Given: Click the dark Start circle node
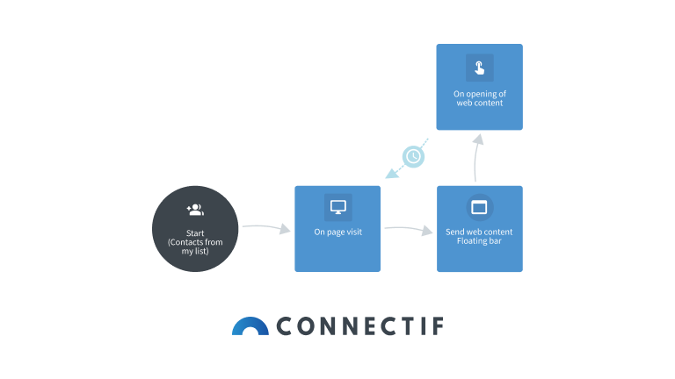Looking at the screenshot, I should tap(195, 229).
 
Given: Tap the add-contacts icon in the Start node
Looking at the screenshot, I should tap(195, 210).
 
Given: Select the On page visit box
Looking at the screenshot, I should tap(337, 229).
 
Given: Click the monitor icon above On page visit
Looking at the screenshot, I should tap(337, 208).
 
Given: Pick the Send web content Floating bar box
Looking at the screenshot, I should tap(480, 229).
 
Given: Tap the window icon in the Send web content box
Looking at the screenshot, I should tap(479, 208).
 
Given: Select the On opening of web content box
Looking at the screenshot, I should tap(480, 87).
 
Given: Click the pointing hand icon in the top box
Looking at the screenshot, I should tap(479, 68).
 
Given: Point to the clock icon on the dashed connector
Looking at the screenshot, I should tap(413, 156).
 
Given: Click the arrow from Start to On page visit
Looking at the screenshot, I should tap(266, 228).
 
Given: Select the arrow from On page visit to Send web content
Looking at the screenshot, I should tap(409, 230).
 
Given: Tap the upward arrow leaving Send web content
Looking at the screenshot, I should tap(475, 158).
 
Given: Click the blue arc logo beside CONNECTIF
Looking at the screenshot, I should tap(250, 326).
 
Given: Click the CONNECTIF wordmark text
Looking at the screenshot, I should tap(359, 327).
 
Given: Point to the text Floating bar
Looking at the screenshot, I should tap(479, 241).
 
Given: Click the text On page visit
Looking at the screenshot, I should tap(337, 232).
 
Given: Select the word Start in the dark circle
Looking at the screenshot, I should tap(195, 232).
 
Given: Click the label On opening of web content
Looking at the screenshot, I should tap(479, 98).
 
